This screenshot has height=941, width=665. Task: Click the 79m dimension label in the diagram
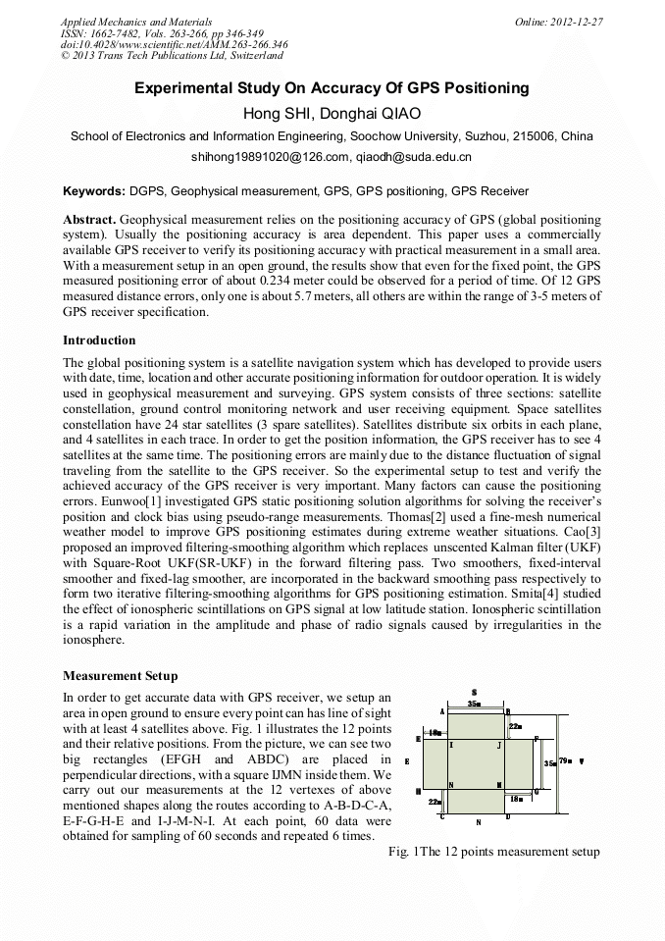pos(565,760)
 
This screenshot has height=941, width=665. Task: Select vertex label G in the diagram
pos(536,791)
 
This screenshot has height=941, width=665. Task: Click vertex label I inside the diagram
pos(451,746)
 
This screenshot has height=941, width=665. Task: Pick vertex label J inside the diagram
pos(499,746)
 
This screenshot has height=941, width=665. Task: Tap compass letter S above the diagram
pos(474,691)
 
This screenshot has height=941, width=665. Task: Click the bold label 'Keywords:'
pos(94,191)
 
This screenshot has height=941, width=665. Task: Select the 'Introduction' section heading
pos(99,340)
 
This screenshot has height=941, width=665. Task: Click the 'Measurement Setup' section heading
pos(120,675)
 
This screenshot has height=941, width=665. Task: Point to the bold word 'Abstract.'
pos(90,219)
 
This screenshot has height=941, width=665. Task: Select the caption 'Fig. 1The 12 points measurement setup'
pos(494,851)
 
